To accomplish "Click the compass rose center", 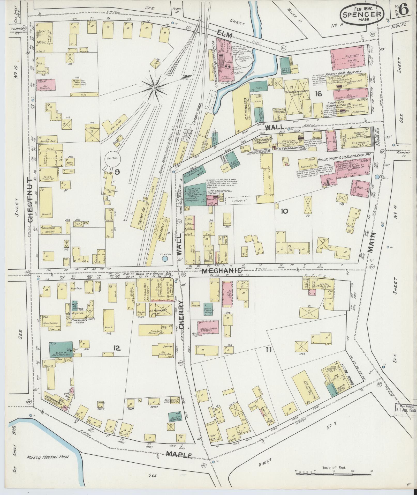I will point(154,88).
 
